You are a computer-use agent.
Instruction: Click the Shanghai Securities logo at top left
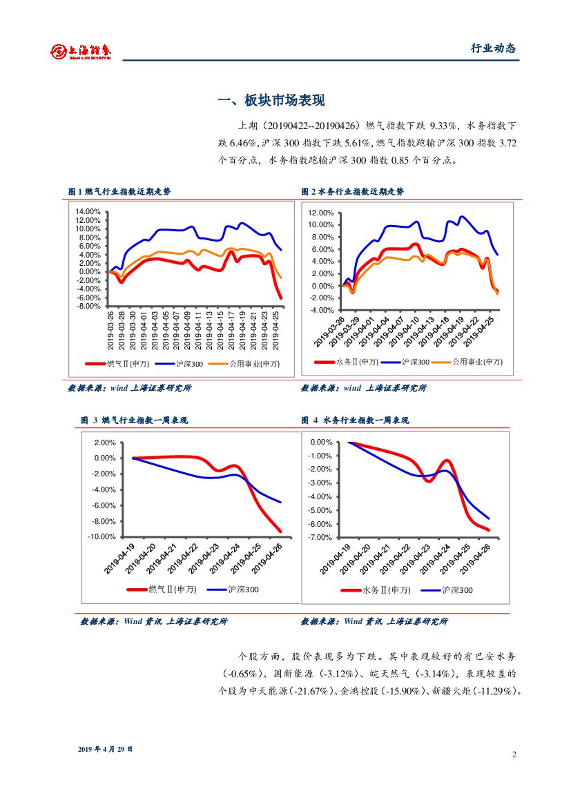pyautogui.click(x=81, y=50)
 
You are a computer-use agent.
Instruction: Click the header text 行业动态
pyautogui.click(x=493, y=48)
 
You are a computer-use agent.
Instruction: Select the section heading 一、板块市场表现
pyautogui.click(x=271, y=101)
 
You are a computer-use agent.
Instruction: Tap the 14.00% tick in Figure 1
pyautogui.click(x=88, y=212)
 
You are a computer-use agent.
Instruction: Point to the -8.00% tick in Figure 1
pyautogui.click(x=88, y=306)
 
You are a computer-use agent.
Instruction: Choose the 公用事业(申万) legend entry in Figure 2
pyautogui.click(x=477, y=362)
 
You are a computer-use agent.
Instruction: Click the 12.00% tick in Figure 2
pyautogui.click(x=322, y=213)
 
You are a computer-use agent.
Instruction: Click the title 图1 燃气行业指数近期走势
pyautogui.click(x=119, y=191)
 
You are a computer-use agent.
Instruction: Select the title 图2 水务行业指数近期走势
pyautogui.click(x=352, y=191)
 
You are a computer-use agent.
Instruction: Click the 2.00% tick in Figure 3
pyautogui.click(x=104, y=443)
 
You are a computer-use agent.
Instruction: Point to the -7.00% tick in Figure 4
pyautogui.click(x=321, y=537)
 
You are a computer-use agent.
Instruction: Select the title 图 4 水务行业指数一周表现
pyautogui.click(x=355, y=420)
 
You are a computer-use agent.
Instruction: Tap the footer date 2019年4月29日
pyautogui.click(x=104, y=749)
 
